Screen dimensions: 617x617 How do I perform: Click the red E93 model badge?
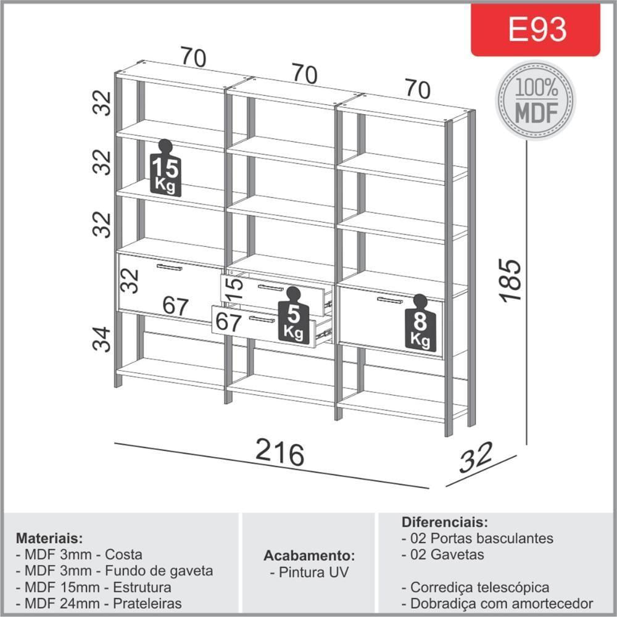[535, 30]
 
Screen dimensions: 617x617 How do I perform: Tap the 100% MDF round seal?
[536, 101]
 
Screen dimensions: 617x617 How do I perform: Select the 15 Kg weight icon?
[165, 168]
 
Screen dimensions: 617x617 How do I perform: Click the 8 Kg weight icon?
[420, 322]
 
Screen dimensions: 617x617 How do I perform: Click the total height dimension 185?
[510, 281]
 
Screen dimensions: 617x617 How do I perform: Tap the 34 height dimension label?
[102, 339]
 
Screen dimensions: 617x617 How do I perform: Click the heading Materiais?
[49, 538]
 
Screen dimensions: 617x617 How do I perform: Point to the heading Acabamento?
[309, 556]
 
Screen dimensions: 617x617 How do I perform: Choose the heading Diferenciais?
[445, 522]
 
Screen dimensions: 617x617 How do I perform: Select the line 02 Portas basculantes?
[478, 538]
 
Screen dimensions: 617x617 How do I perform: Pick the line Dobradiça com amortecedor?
[497, 603]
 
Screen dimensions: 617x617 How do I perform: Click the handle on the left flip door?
[170, 268]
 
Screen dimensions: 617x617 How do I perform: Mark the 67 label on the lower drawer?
[228, 322]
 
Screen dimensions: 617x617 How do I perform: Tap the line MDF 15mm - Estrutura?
[94, 587]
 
